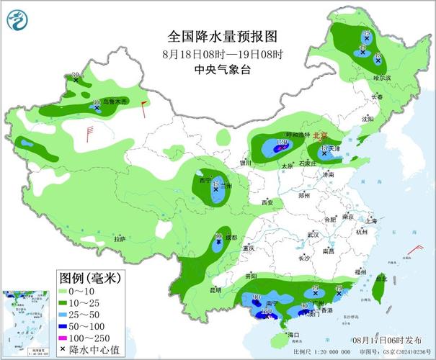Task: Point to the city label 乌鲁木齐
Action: click(115, 102)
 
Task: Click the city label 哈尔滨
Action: click(382, 77)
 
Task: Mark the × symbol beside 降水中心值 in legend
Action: click(63, 349)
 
